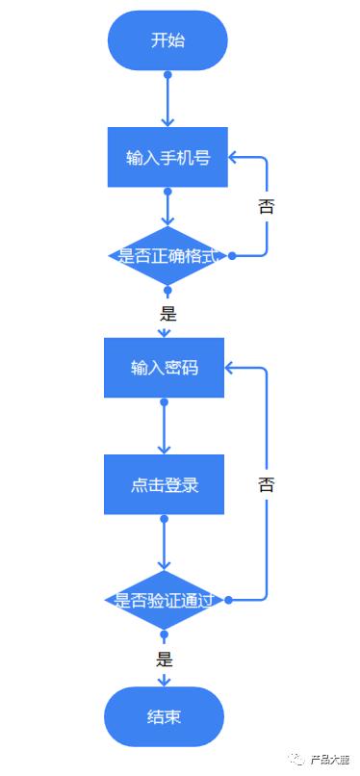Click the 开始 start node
point(167,40)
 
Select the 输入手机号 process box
point(167,157)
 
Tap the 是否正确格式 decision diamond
point(167,256)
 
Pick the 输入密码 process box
point(165,368)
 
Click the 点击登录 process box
point(165,484)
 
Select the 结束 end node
point(165,716)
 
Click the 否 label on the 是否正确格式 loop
point(267,206)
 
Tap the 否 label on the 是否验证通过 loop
point(267,484)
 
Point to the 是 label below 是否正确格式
point(167,313)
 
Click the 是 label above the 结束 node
point(165,660)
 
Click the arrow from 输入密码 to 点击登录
point(165,427)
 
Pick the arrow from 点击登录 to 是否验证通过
point(165,544)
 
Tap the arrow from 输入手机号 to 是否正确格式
point(167,207)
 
